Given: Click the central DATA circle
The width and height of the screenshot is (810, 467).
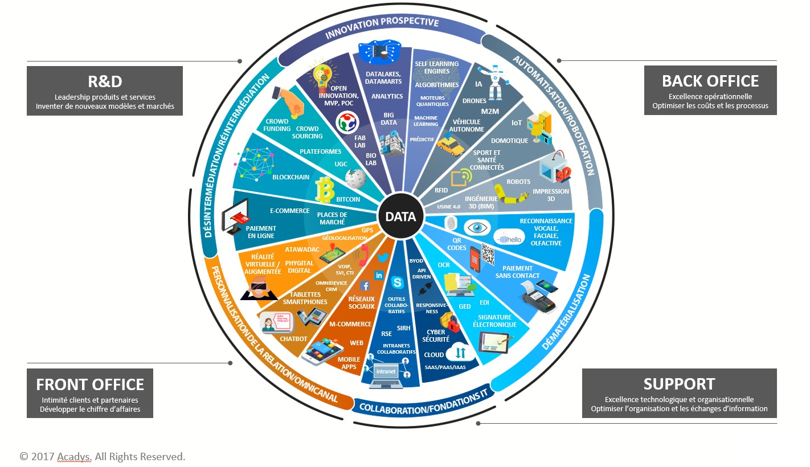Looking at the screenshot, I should pyautogui.click(x=400, y=216).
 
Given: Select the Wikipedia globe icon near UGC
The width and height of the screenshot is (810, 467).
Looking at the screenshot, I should pyautogui.click(x=355, y=178).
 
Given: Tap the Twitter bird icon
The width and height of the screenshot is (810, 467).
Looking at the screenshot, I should pyautogui.click(x=383, y=258).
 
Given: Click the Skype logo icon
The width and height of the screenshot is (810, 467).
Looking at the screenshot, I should pyautogui.click(x=398, y=282).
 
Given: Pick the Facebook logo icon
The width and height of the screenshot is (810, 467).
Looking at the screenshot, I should pyautogui.click(x=364, y=285).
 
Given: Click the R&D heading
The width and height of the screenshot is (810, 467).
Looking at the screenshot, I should pyautogui.click(x=105, y=81).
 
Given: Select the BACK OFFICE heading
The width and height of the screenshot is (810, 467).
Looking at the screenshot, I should pyautogui.click(x=710, y=81).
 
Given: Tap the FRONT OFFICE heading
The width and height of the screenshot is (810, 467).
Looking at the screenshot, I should pyautogui.click(x=90, y=384).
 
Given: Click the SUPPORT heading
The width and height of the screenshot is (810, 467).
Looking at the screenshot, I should pyautogui.click(x=679, y=384).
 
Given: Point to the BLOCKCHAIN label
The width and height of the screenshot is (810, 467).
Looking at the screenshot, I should pyautogui.click(x=291, y=177).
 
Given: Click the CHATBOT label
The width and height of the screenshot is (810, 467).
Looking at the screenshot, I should pyautogui.click(x=293, y=339).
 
